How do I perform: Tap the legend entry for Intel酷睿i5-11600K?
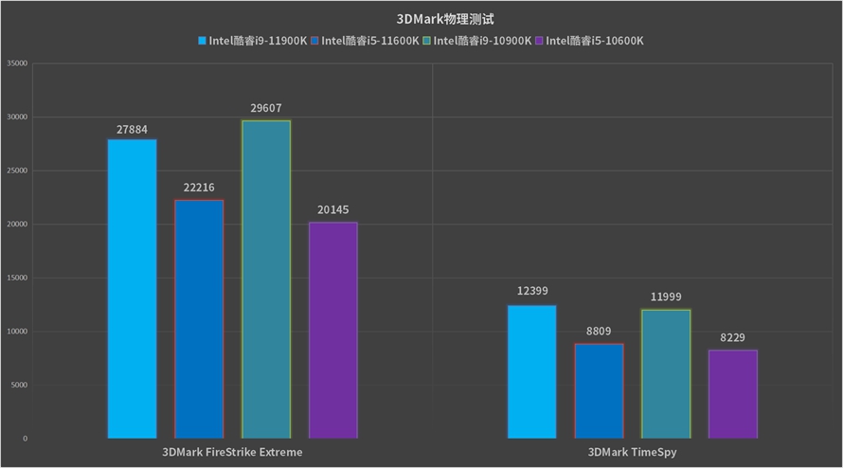(370, 41)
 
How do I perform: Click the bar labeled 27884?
(132, 289)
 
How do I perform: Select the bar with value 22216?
(199, 319)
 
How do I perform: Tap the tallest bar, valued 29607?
(266, 279)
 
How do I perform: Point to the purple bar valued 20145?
(333, 331)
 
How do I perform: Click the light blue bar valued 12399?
(532, 372)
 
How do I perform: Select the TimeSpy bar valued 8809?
(599, 391)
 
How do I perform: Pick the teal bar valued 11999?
(666, 374)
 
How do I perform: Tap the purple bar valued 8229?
(733, 394)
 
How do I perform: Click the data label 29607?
(266, 108)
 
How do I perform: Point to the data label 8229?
(733, 337)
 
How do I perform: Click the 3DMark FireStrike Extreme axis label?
(233, 453)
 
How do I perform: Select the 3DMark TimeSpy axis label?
(633, 453)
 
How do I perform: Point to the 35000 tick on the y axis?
(17, 63)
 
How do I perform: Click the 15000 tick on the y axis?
(17, 278)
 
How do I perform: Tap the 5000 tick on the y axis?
(19, 385)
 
